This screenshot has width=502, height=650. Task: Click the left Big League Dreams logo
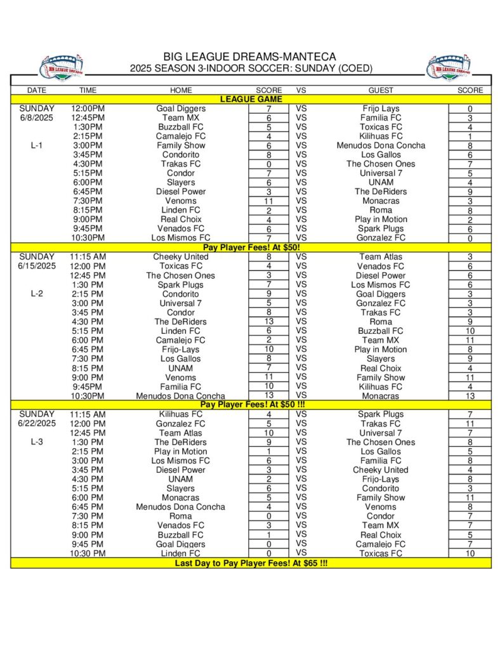[61, 67]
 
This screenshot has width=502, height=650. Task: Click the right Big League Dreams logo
[449, 67]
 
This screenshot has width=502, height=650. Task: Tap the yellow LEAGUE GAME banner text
[251, 99]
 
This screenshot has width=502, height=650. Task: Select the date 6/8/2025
[37, 117]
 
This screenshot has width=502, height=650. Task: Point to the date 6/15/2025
[37, 266]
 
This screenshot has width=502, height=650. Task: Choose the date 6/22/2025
[37, 423]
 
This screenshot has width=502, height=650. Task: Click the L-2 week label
[37, 294]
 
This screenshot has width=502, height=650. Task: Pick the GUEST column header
[381, 90]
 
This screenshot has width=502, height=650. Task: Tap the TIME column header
[88, 90]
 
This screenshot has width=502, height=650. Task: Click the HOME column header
[181, 90]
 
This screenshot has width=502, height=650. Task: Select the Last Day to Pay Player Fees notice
[251, 563]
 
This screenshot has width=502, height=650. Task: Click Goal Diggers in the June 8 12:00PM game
[181, 109]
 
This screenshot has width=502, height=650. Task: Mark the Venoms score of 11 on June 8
[268, 201]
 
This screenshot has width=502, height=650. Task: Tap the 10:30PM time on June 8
[88, 237]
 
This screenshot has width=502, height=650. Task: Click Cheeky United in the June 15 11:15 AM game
[181, 256]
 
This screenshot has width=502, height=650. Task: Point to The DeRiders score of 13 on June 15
[268, 322]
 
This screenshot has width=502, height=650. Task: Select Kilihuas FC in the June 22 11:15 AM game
[181, 414]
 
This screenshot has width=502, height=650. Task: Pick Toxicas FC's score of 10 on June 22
[470, 554]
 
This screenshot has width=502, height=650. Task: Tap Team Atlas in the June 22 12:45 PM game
[181, 433]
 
